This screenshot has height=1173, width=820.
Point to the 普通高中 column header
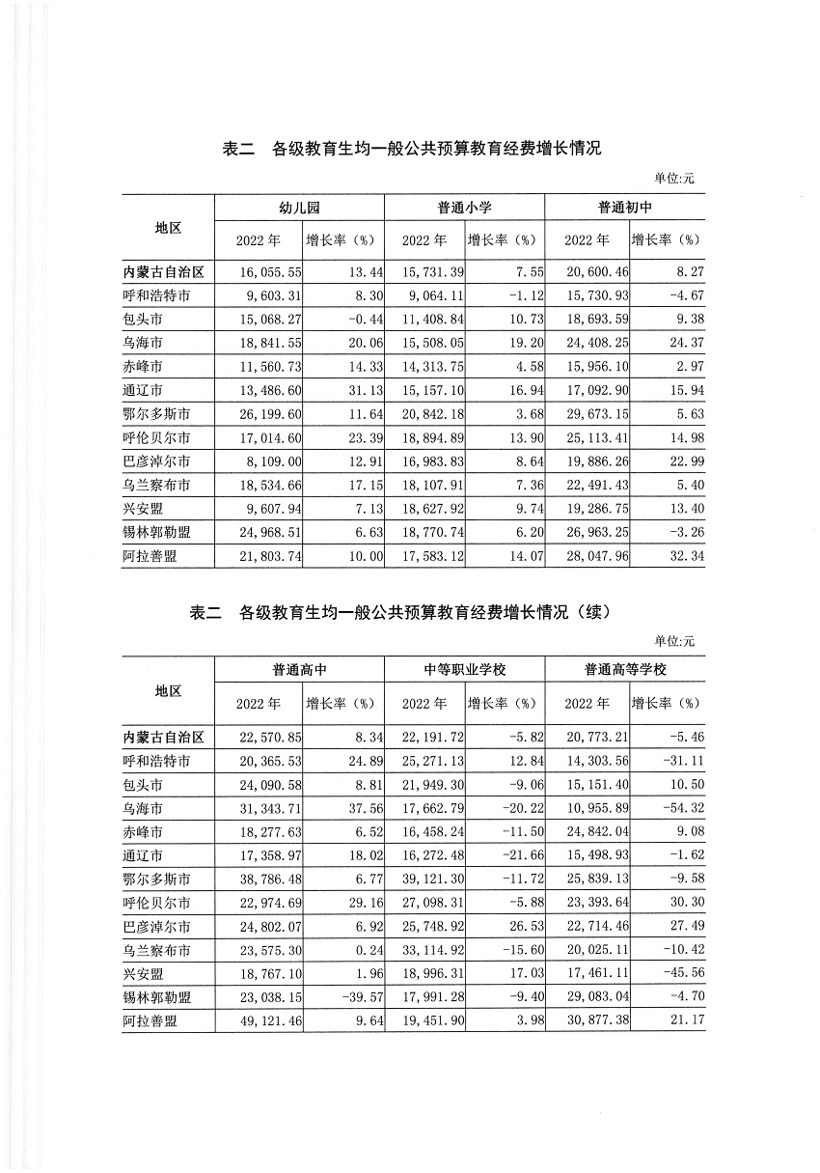click(x=298, y=669)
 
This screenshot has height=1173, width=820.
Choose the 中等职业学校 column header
click(x=465, y=669)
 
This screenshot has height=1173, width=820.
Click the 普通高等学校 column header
click(x=624, y=669)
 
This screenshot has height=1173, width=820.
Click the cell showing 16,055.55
click(x=256, y=274)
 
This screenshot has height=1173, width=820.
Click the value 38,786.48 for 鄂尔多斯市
click(x=256, y=880)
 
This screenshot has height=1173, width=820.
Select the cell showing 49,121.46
click(x=256, y=1020)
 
